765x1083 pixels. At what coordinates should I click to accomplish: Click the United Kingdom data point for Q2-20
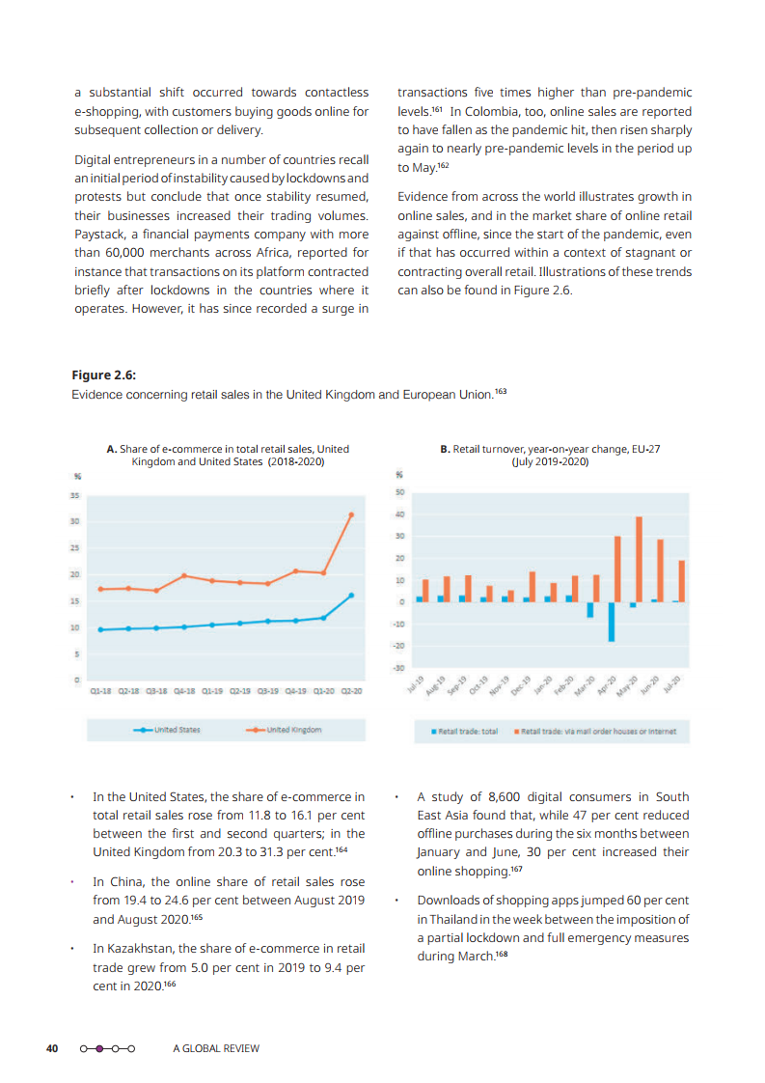pyautogui.click(x=351, y=514)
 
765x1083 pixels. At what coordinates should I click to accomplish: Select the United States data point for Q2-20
pyautogui.click(x=351, y=595)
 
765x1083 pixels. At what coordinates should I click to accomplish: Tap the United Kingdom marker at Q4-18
pyautogui.click(x=184, y=575)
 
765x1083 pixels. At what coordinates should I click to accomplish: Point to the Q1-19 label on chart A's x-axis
pyautogui.click(x=212, y=691)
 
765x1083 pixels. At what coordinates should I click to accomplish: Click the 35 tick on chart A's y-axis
pyautogui.click(x=74, y=495)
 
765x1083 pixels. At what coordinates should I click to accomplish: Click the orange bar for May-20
pyautogui.click(x=639, y=559)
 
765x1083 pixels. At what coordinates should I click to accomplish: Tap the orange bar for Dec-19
pyautogui.click(x=532, y=586)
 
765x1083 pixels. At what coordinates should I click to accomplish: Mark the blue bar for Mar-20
pyautogui.click(x=589, y=609)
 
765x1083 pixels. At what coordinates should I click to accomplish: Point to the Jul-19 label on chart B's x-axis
pyautogui.click(x=416, y=685)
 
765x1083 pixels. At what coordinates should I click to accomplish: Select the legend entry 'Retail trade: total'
pyautogui.click(x=465, y=731)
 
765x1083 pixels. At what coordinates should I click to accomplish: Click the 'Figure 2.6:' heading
pyautogui.click(x=96, y=375)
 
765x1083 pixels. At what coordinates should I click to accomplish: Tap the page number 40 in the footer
pyautogui.click(x=53, y=1048)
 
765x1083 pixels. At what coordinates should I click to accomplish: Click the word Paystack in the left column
pyautogui.click(x=98, y=234)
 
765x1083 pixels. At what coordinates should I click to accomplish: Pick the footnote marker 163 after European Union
pyautogui.click(x=500, y=391)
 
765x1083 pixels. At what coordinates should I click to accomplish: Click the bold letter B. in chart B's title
pyautogui.click(x=445, y=449)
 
